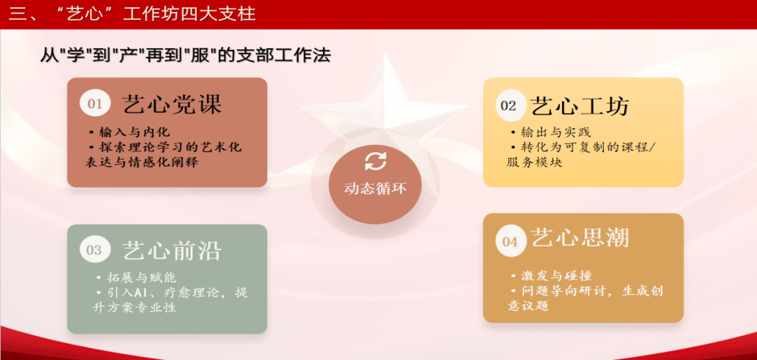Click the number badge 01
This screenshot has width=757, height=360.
coord(95,104)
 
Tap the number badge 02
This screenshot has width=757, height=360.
coord(510,106)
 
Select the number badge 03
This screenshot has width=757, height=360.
coord(95,250)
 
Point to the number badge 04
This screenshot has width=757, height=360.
coord(511,241)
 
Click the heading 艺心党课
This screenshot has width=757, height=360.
coord(172,104)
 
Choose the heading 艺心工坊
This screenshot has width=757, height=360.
coord(580,105)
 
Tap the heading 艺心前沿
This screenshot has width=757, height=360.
coord(172,250)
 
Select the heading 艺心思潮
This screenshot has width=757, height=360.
coord(580,237)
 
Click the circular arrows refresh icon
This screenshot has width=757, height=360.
coord(375,161)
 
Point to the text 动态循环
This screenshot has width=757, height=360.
coord(375,188)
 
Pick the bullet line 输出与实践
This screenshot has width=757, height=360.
coord(550,132)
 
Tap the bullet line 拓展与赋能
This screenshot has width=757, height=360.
coord(135,278)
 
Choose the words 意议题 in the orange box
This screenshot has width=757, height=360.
coord(528,305)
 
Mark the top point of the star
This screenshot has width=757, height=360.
coord(384,54)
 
